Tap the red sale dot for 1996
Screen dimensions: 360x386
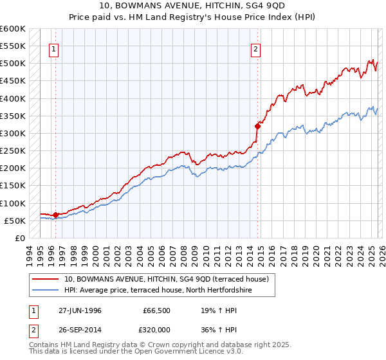tap(55, 215)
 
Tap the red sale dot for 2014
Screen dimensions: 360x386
tap(257, 127)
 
